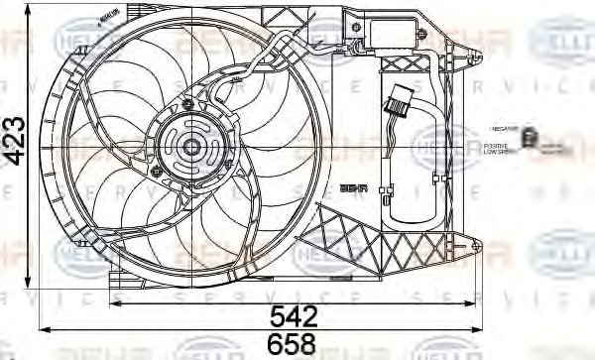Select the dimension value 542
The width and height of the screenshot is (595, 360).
click(296, 316)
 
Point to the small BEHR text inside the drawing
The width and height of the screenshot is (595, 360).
click(352, 185)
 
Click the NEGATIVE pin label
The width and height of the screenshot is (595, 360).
click(503, 129)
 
